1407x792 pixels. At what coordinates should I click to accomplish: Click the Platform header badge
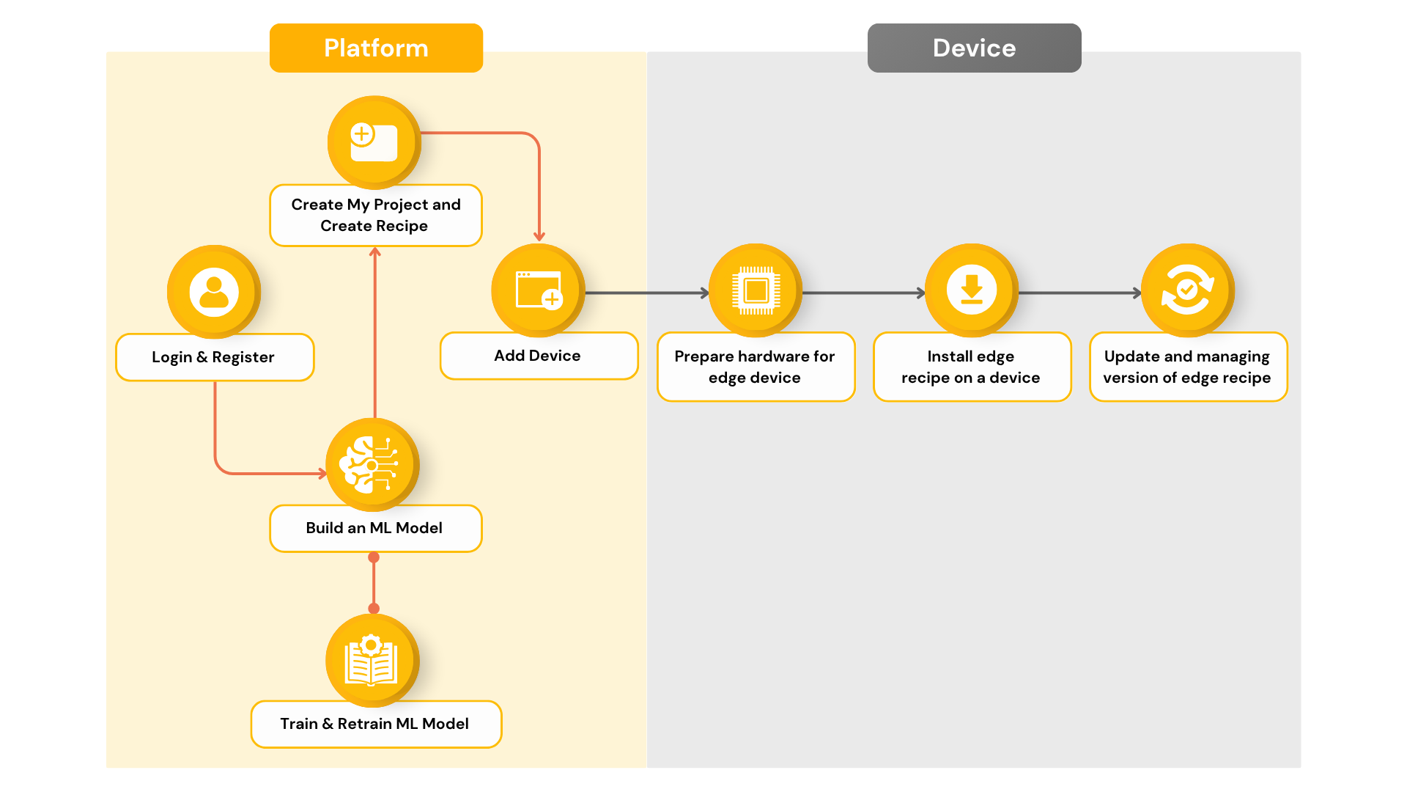click(376, 48)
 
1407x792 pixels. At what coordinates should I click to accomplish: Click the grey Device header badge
click(974, 48)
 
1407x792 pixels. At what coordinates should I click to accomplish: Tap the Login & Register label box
click(215, 357)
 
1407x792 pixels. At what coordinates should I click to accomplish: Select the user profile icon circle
click(214, 292)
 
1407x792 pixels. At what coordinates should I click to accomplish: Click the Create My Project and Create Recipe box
click(376, 215)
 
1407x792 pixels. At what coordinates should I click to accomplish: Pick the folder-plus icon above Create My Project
click(374, 142)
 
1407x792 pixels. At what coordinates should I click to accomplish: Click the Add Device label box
click(539, 356)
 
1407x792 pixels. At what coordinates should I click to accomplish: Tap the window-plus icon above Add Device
click(538, 290)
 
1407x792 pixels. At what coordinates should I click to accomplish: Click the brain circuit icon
click(372, 465)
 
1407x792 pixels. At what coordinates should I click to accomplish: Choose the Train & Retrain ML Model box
click(376, 724)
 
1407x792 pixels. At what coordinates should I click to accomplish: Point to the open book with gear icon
click(372, 661)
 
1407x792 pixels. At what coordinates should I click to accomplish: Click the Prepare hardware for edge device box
click(756, 367)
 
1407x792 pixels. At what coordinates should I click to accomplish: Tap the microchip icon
click(756, 290)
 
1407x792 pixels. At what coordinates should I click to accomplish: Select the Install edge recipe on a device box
click(972, 367)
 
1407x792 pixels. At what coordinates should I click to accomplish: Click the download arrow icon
click(972, 290)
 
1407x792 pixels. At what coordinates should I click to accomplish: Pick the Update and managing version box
click(1188, 367)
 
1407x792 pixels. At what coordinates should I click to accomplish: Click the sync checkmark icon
click(1188, 290)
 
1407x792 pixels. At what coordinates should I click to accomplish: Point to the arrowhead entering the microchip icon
click(705, 293)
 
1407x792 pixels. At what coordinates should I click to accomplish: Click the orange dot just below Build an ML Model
click(374, 557)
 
